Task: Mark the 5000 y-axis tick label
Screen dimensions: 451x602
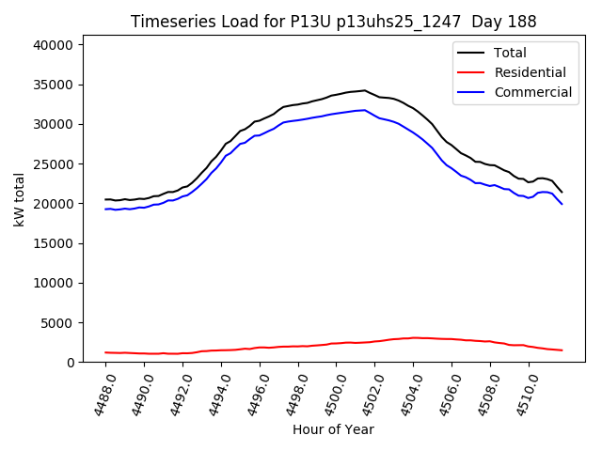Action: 67,322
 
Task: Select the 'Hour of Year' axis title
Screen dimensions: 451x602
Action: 333,429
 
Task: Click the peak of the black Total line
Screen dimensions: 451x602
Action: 365,90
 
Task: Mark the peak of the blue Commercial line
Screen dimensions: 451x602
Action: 365,110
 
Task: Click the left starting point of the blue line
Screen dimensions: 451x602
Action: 105,209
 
